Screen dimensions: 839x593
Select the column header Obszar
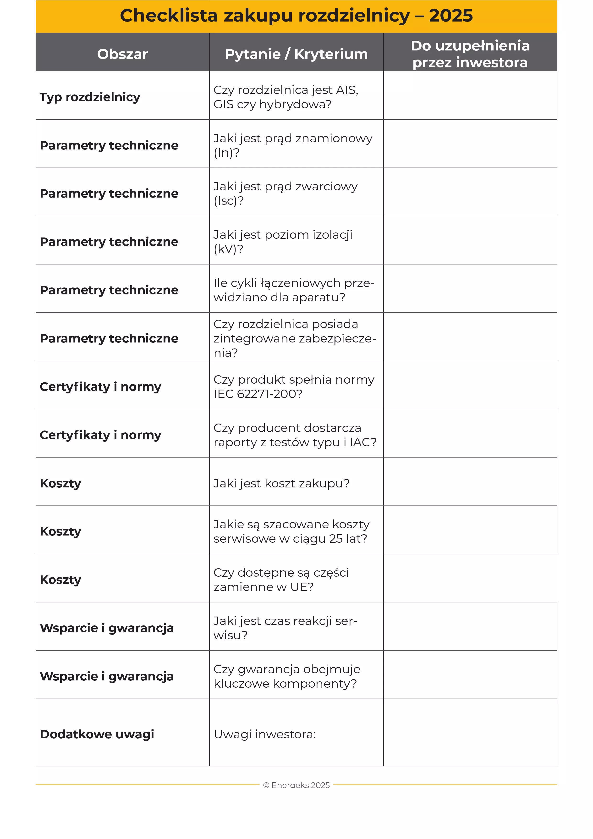[122, 54]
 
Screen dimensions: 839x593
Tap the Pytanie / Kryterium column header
[296, 54]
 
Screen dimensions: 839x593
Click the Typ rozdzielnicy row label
[90, 97]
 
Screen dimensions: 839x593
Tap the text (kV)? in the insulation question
[228, 249]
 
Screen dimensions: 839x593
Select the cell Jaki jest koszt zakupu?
[281, 483]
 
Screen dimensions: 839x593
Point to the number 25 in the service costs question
[336, 539]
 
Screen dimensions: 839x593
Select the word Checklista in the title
[169, 16]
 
